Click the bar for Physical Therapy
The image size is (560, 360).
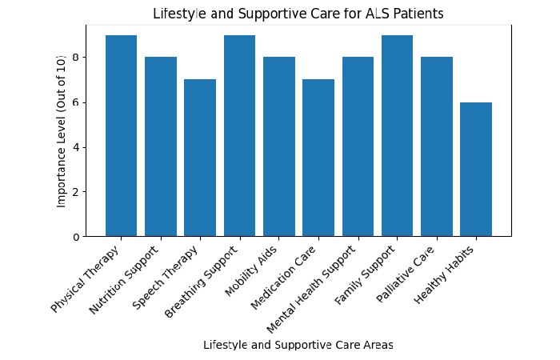[x=121, y=136]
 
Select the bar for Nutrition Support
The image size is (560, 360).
[x=161, y=147]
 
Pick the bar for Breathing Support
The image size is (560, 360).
[x=239, y=136]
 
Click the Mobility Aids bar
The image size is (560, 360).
[x=279, y=147]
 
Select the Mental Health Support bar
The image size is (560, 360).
[x=358, y=147]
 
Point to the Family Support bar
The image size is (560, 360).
[x=398, y=136]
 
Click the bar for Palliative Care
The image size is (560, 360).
[x=437, y=147]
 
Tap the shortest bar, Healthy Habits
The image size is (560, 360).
[x=476, y=170]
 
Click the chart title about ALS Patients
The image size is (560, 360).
[x=298, y=14]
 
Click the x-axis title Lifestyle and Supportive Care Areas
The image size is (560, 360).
[x=298, y=345]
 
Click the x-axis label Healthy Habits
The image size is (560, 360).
[x=446, y=276]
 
